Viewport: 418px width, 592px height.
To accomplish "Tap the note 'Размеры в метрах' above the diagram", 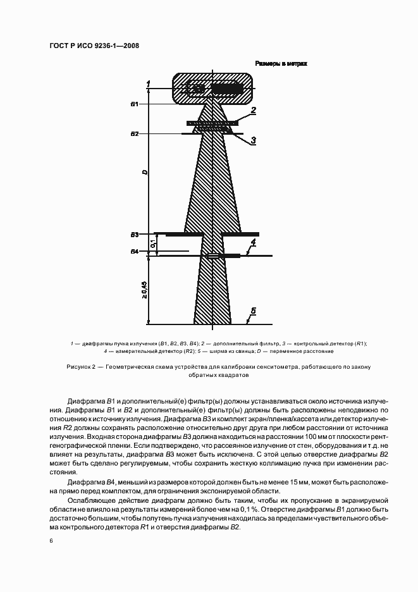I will coord(281,64).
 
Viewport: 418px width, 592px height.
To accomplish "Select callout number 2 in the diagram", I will coord(252,111).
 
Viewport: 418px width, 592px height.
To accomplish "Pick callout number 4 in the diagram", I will coord(252,243).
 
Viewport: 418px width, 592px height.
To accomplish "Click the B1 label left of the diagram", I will coord(134,104).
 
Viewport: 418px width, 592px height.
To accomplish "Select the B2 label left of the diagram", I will coord(134,134).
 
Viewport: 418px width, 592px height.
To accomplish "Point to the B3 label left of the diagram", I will coord(134,235).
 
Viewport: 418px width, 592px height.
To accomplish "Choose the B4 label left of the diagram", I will coord(134,252).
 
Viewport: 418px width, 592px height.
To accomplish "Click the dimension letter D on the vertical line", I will coord(145,172).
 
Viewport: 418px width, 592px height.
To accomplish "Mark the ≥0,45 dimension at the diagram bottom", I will coord(145,290).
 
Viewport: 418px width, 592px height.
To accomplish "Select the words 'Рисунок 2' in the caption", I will coord(80,367).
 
